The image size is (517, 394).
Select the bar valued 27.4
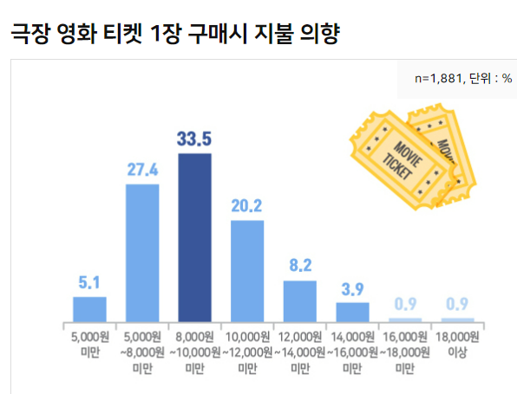(x=142, y=252)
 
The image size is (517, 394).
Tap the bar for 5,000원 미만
(x=89, y=308)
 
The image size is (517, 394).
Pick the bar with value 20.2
(x=247, y=270)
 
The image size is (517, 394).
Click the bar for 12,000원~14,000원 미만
(x=300, y=300)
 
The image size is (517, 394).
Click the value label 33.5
(x=194, y=139)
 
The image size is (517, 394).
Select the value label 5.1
(x=89, y=281)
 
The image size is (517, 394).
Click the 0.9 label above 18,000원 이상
(x=457, y=304)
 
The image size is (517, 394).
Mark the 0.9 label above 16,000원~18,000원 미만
(x=405, y=304)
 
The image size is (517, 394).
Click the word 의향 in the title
(x=318, y=34)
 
